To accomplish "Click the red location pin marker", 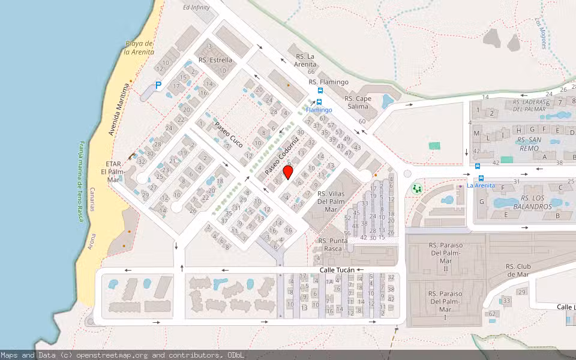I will click(x=288, y=172).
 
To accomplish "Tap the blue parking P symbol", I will click(x=158, y=86).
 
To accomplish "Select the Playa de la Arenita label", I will click(x=139, y=47).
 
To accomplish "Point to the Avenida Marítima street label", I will click(x=119, y=110).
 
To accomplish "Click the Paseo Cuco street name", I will click(x=229, y=134).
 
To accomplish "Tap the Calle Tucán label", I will click(x=337, y=271).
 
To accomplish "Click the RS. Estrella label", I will click(x=215, y=60).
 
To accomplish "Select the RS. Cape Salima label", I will click(x=358, y=102).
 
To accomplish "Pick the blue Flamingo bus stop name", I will click(x=319, y=110).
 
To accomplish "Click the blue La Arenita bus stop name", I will click(x=481, y=185).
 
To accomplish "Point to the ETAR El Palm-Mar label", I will click(x=113, y=172).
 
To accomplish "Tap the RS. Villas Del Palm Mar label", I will click(x=331, y=202).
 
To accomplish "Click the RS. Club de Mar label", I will click(x=517, y=271).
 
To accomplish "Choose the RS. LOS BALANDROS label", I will click(x=528, y=202).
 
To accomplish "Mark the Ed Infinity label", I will click(x=196, y=7).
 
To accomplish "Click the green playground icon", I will click(x=416, y=189).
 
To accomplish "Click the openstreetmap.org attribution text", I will click(x=113, y=355).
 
